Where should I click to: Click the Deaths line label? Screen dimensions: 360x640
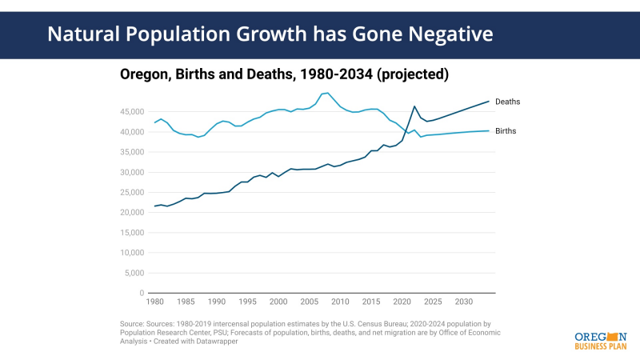[x=507, y=102]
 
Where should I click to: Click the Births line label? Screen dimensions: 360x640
[x=506, y=130]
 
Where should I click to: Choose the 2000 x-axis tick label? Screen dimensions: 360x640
[x=278, y=302]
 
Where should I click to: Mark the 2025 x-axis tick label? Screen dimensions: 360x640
[x=433, y=302]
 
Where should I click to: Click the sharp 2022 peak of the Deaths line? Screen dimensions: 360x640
[x=414, y=106]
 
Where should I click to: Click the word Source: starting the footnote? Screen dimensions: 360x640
[x=134, y=323]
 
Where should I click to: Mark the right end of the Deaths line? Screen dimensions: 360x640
[x=489, y=102]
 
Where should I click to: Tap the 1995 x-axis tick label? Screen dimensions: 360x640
[x=246, y=302]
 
